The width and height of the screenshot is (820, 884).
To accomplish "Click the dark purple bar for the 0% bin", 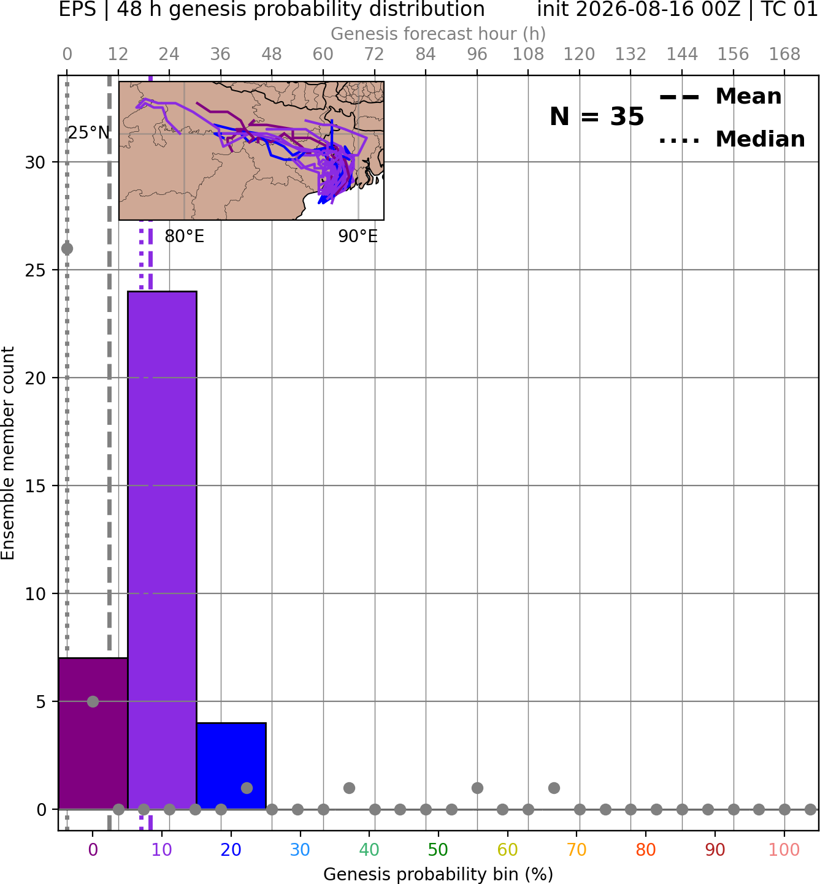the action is pos(93,734).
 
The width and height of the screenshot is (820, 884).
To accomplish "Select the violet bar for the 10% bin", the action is pos(162,550).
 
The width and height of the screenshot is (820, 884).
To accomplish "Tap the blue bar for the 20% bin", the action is pos(231,766).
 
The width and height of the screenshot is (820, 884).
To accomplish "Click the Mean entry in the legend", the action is pos(720,97).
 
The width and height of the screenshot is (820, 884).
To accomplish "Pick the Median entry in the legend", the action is pos(732,139).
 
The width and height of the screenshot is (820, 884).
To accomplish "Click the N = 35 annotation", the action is pos(597,116).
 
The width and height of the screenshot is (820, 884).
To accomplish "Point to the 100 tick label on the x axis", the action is pos(784,850).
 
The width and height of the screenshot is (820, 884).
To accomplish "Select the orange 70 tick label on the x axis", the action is pos(577,850).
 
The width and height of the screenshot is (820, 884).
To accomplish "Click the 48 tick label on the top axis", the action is pos(272,55).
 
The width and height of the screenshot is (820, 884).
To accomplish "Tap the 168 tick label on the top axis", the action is pos(784,55).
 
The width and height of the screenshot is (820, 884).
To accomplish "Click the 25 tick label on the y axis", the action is pos(36,270).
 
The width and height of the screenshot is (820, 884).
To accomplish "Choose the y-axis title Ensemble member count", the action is pos(8,453).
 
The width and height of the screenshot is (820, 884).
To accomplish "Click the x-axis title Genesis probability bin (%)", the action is pos(439,874).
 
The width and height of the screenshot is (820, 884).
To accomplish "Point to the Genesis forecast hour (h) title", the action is pos(439,34).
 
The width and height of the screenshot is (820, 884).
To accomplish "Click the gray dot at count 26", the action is pos(67,249).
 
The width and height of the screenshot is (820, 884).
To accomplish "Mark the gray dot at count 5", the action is pos(93,701).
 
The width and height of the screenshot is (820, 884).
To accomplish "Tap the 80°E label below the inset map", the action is pos(185,236).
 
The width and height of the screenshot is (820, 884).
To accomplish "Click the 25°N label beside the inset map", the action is pos(89,132).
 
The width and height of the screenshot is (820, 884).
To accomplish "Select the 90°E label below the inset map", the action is pos(358,236).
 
